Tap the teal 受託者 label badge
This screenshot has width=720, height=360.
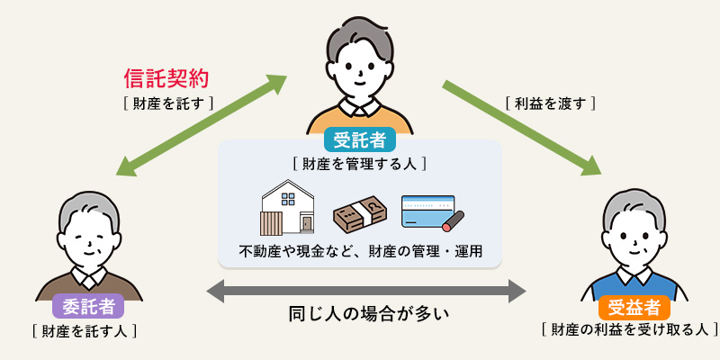(x=359, y=140)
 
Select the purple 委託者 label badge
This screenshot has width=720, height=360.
(x=88, y=306)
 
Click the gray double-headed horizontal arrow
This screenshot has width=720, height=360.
(x=365, y=291)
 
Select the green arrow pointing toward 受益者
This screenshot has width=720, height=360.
(x=521, y=127)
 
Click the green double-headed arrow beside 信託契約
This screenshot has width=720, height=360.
(x=202, y=125)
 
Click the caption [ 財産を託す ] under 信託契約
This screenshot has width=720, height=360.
(x=168, y=103)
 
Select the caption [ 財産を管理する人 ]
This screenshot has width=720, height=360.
(x=359, y=164)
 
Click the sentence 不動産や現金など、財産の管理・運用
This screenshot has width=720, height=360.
(x=360, y=251)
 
